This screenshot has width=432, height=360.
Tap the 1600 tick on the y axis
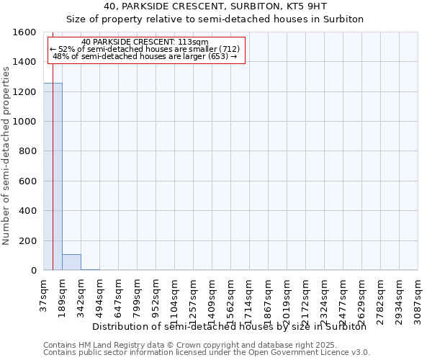24,32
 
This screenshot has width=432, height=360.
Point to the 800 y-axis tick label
27,152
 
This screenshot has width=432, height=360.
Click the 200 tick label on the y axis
27,241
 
